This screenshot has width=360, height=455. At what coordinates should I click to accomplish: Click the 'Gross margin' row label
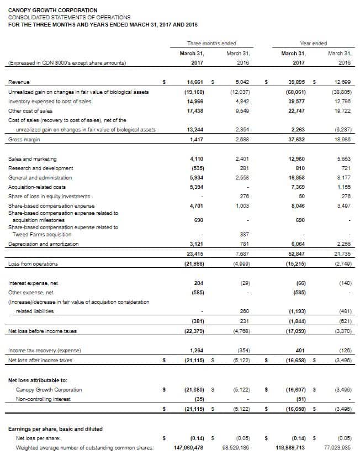click(24, 140)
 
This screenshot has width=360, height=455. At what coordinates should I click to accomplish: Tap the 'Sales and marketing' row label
click(33, 159)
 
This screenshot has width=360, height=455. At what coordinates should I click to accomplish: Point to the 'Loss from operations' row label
click(33, 263)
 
